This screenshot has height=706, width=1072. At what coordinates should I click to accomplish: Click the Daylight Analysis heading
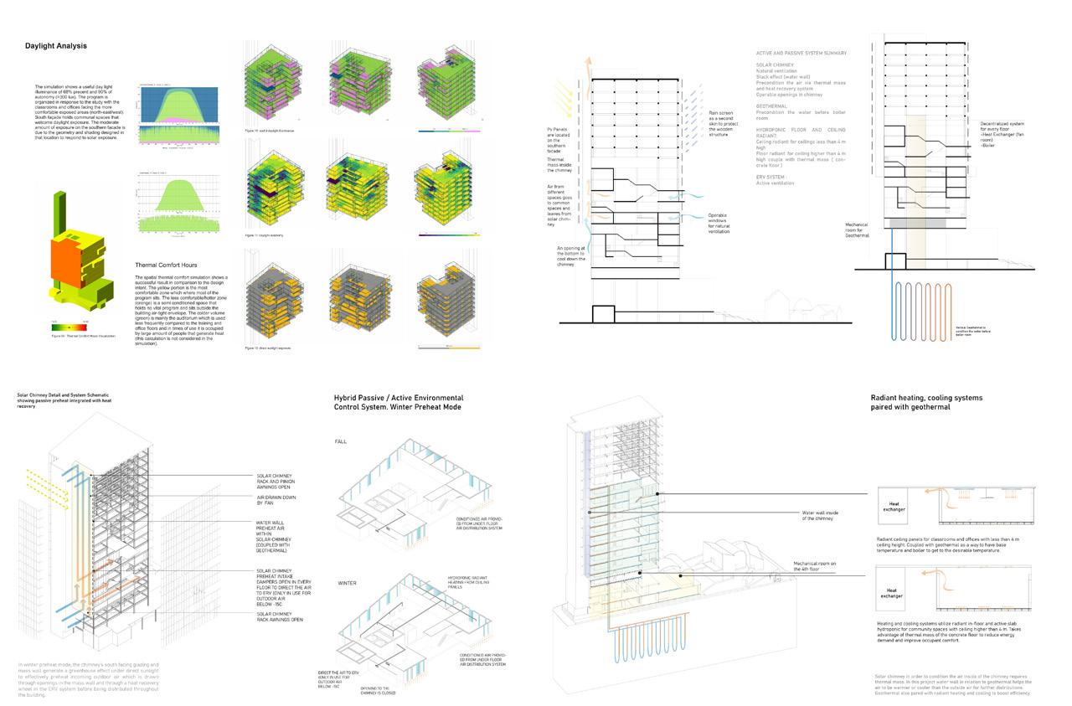[55, 46]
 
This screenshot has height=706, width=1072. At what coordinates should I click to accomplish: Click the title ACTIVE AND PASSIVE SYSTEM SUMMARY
[807, 53]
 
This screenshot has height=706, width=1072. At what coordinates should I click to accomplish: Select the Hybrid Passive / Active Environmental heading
[399, 398]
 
